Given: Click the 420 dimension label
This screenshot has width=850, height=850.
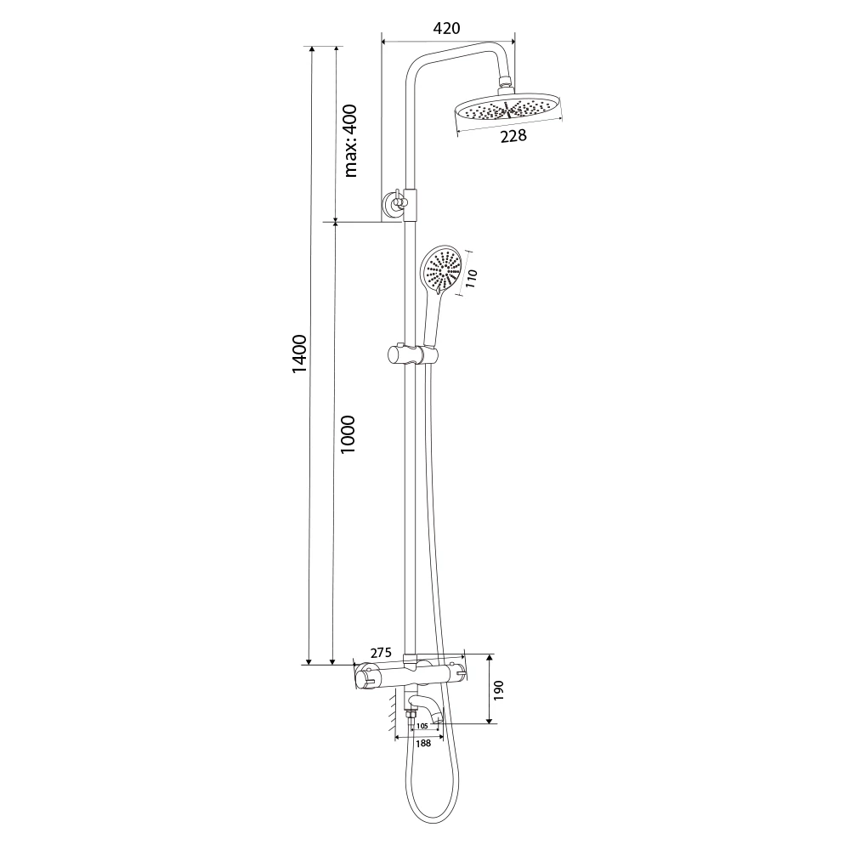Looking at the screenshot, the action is (447, 28).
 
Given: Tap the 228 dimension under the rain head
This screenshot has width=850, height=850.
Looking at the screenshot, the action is (513, 135).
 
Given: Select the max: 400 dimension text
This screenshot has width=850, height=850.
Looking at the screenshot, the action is (350, 141).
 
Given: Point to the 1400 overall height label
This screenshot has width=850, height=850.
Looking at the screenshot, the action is (298, 354).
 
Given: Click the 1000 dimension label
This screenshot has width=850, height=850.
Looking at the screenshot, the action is (347, 434).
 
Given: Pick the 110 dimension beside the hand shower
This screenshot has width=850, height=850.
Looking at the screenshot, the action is (472, 278).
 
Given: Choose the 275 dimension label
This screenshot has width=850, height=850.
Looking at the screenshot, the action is (381, 653).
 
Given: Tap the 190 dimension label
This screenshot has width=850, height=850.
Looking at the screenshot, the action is (499, 690).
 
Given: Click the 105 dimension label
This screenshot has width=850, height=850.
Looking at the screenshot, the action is (422, 725).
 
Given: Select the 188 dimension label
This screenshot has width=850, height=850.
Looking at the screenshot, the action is (422, 743).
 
